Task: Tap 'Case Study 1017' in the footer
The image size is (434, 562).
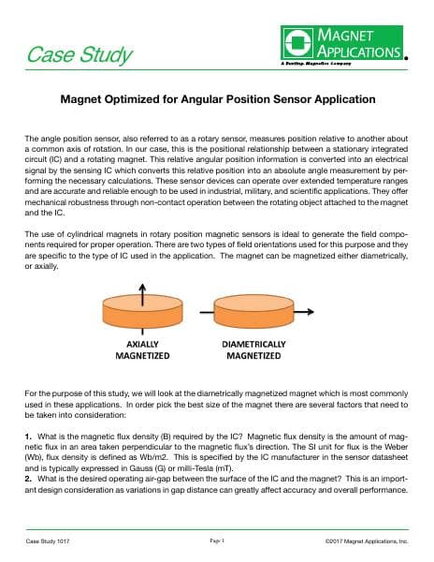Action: click(x=49, y=542)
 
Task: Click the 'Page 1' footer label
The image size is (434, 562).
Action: click(x=217, y=541)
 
